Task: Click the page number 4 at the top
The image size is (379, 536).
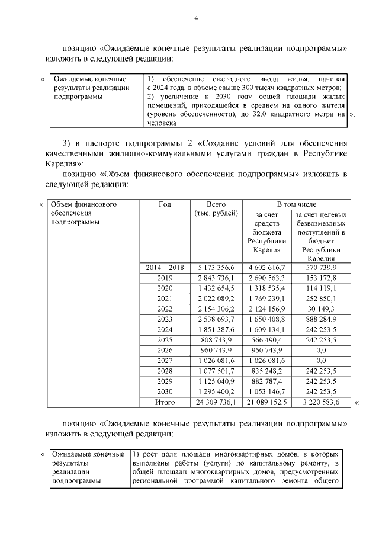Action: [x=196, y=18]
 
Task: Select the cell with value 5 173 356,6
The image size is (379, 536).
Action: [x=216, y=268]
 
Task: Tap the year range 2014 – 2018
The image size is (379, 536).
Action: [x=165, y=268]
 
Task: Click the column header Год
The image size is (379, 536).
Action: [x=165, y=204]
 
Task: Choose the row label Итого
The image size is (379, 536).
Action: [x=165, y=402]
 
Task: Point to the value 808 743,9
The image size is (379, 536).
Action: [x=216, y=341]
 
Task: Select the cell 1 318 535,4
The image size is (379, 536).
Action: [x=266, y=288]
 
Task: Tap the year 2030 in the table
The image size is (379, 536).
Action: [x=165, y=392]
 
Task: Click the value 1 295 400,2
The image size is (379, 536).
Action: [x=216, y=392]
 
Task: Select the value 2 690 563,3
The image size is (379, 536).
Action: [x=266, y=278]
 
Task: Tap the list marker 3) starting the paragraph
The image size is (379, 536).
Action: [x=67, y=143]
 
